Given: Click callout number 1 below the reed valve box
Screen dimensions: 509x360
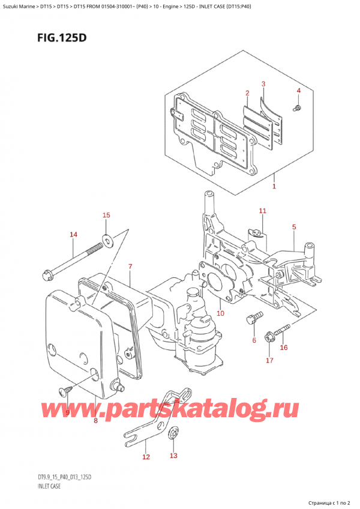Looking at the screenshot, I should (x=274, y=186).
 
